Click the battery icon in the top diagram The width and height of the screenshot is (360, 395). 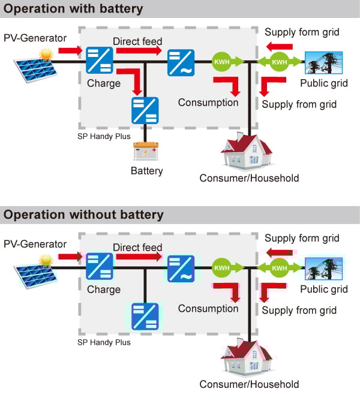point(145,151)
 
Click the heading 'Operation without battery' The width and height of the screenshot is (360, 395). point(83,215)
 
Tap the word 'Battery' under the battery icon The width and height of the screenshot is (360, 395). point(146,171)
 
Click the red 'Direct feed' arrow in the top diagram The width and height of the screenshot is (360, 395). point(137,51)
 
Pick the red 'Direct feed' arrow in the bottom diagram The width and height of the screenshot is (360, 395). point(139,257)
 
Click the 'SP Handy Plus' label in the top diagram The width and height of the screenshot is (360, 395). point(104,136)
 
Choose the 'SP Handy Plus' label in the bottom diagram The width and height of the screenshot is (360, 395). point(104,342)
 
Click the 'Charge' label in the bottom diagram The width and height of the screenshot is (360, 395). point(103,290)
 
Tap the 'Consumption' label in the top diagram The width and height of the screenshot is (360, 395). point(208,102)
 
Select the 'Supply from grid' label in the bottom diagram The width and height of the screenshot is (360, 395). point(299,310)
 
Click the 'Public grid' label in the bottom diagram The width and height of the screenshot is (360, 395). point(323,289)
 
